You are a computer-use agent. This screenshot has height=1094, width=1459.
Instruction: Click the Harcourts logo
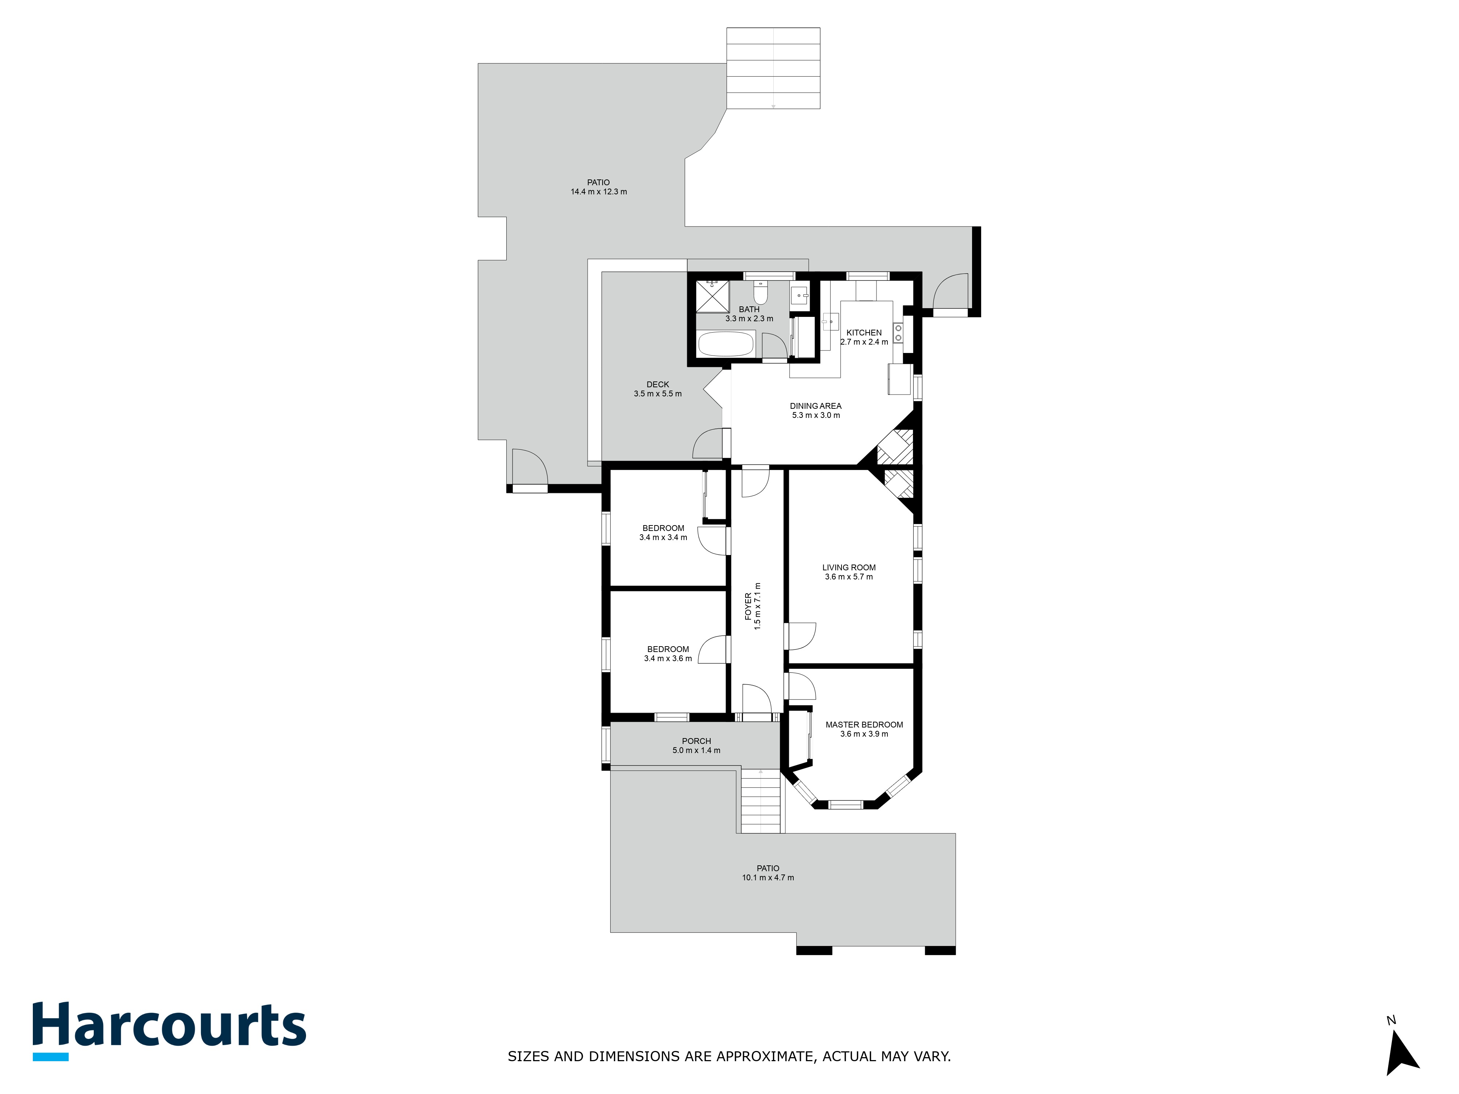[x=170, y=1031]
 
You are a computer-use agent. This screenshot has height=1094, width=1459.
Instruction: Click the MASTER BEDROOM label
[x=864, y=725]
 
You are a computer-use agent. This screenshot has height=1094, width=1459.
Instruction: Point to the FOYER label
[x=748, y=606]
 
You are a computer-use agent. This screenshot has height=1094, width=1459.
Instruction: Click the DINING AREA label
[x=816, y=406]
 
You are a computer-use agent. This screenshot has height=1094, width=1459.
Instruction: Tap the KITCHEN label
[x=864, y=333]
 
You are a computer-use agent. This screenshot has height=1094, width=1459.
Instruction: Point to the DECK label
[x=658, y=384]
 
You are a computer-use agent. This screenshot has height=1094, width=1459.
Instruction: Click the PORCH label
[x=697, y=741]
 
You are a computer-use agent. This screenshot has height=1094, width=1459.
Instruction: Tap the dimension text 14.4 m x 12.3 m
[x=599, y=192]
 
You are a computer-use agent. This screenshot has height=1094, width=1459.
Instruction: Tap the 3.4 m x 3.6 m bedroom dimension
[x=668, y=659]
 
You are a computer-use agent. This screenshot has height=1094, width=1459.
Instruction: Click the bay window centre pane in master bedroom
[x=845, y=804]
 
